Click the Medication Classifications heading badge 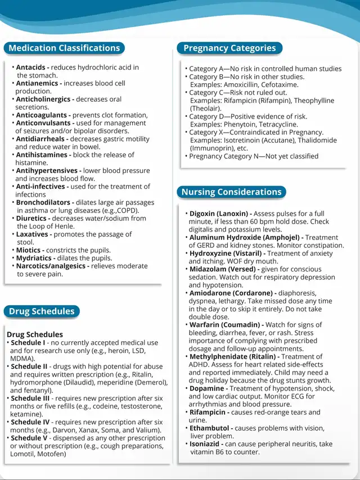click(x=64, y=48)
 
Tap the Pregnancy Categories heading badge click(x=229, y=48)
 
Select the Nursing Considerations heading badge click(x=231, y=192)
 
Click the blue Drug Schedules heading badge click(x=42, y=311)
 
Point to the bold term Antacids click(x=30, y=67)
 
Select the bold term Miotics click(x=28, y=250)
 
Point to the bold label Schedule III click(x=31, y=399)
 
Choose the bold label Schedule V click(x=29, y=438)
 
